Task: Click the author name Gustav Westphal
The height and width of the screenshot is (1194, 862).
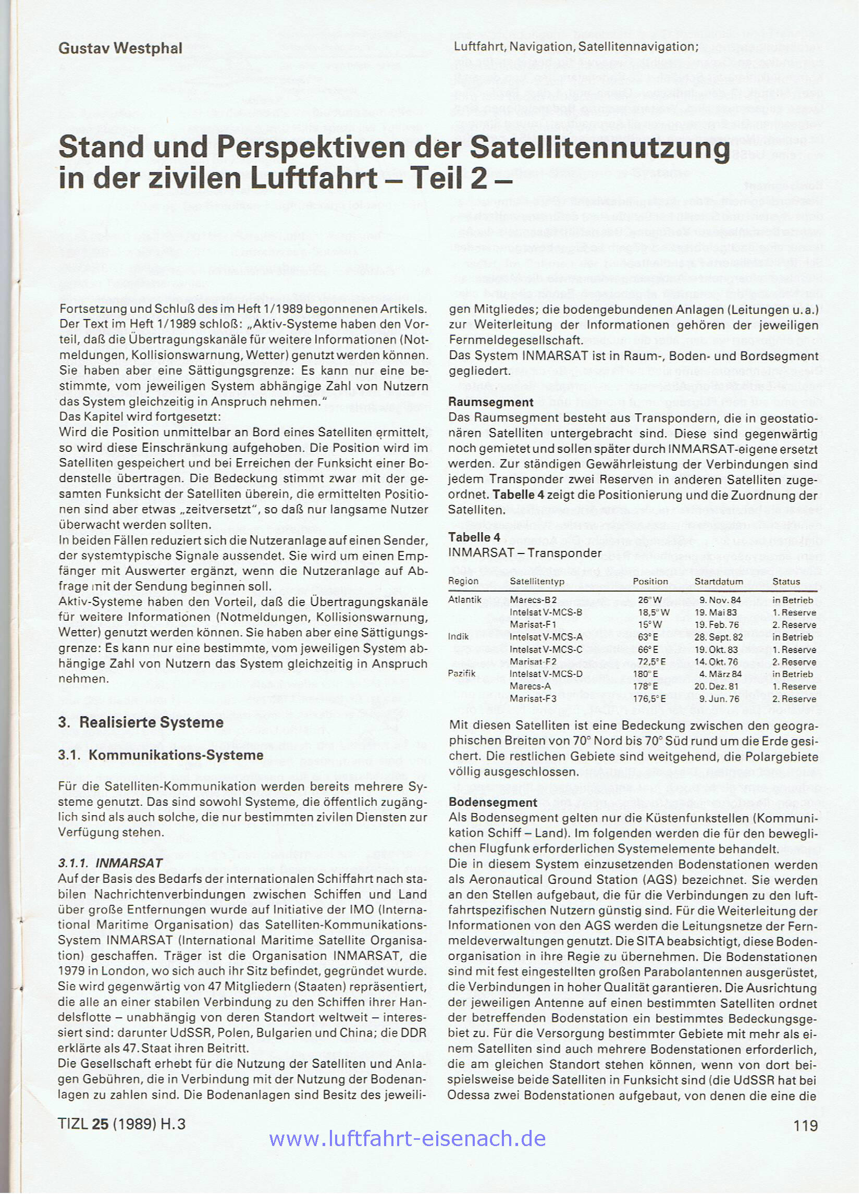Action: [x=120, y=48]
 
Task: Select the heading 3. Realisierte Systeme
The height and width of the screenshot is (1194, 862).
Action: [x=141, y=722]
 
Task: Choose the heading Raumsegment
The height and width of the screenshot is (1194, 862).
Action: [x=490, y=402]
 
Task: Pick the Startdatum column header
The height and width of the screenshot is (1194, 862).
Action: [x=719, y=582]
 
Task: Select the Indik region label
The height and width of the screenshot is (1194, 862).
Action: [x=458, y=637]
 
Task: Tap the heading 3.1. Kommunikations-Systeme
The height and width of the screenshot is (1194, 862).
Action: [x=161, y=756]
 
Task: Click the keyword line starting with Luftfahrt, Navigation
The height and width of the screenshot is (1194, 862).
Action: [x=575, y=47]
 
